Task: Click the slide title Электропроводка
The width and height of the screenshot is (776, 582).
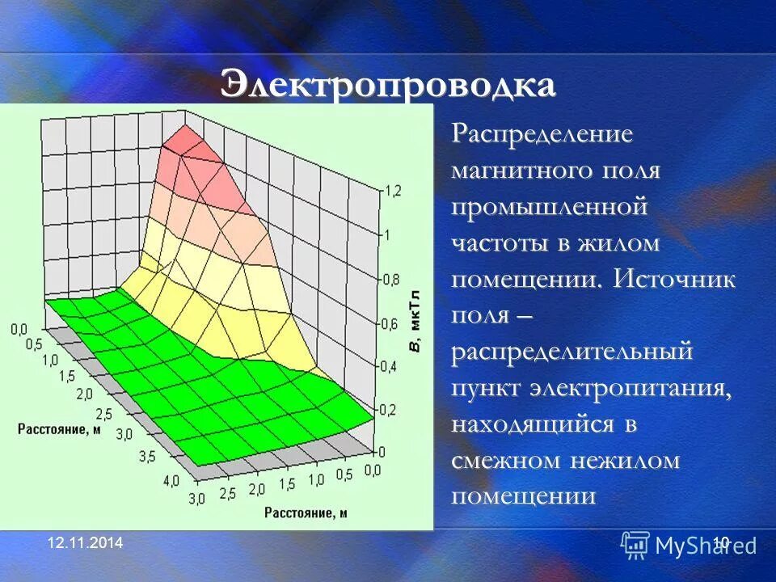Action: (388, 85)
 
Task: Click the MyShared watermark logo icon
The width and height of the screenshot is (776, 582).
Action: (635, 545)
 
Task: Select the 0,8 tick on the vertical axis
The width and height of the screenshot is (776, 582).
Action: (391, 280)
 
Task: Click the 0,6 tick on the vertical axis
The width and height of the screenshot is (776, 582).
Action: (391, 324)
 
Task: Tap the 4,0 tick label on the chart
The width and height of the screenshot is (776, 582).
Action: (171, 482)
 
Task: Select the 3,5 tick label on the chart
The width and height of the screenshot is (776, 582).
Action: (147, 458)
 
